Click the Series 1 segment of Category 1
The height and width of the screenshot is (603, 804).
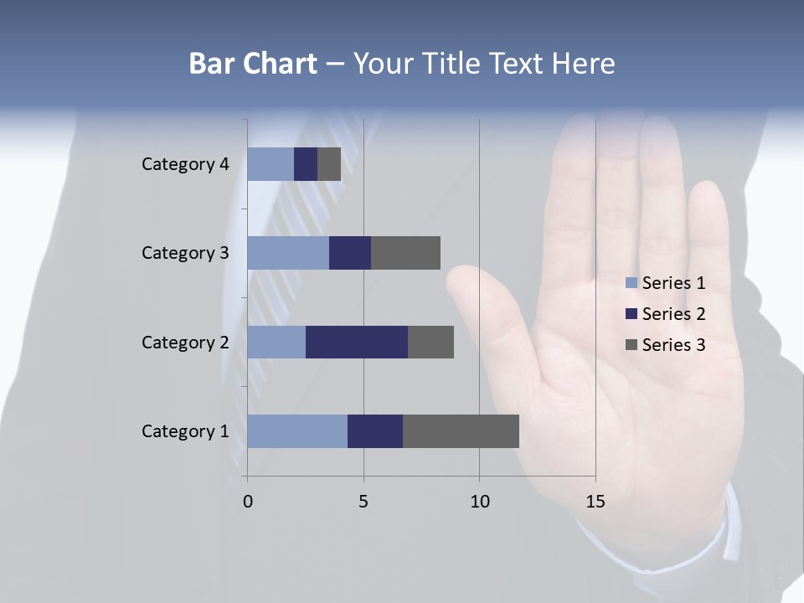point(297,431)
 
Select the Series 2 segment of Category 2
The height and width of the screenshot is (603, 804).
point(357,342)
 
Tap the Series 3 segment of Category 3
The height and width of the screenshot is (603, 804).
point(405,253)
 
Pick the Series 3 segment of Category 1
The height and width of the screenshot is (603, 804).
point(461,431)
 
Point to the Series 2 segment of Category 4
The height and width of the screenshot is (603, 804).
point(306,164)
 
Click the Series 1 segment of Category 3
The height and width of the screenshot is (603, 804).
point(288,253)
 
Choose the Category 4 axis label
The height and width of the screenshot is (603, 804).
point(185,164)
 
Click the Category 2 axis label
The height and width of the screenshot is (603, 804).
point(185,343)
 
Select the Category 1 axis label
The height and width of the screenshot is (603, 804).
point(185,431)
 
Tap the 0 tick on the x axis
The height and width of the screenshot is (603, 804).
point(248,502)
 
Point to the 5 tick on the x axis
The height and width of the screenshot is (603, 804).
point(363,502)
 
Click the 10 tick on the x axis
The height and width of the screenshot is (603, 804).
point(479,502)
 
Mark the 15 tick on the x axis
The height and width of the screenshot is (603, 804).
point(595,502)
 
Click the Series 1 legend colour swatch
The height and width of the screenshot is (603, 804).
point(631,283)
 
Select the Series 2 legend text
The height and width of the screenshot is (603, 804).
point(673,314)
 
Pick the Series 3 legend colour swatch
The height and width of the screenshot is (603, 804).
point(631,345)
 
